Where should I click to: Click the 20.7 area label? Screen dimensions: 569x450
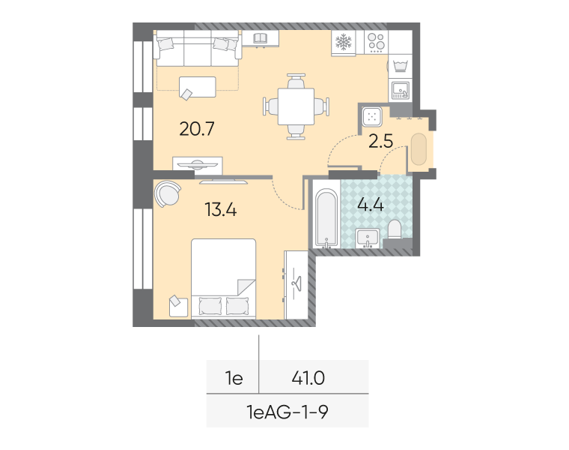197,129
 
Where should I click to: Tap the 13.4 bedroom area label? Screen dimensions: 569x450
221,210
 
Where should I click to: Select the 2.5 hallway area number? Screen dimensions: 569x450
380,141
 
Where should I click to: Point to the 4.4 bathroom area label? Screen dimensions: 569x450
371,205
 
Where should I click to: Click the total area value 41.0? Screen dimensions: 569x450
308,378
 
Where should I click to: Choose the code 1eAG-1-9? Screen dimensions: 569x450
287,412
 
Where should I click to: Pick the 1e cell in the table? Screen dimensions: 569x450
234,378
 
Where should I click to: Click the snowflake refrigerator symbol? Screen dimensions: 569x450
344,42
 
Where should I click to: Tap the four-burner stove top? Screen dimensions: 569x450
377,42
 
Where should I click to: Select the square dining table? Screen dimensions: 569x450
296,106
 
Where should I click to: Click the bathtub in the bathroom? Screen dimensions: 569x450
326,217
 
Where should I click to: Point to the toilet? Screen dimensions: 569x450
395,229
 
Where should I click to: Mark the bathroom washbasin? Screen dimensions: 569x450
368,238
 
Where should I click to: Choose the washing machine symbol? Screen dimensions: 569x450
401,66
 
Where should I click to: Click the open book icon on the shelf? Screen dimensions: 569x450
261,37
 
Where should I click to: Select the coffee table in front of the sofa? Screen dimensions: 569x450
198,87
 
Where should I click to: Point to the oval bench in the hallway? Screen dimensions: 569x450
419,149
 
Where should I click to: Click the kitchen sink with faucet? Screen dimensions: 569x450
401,90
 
